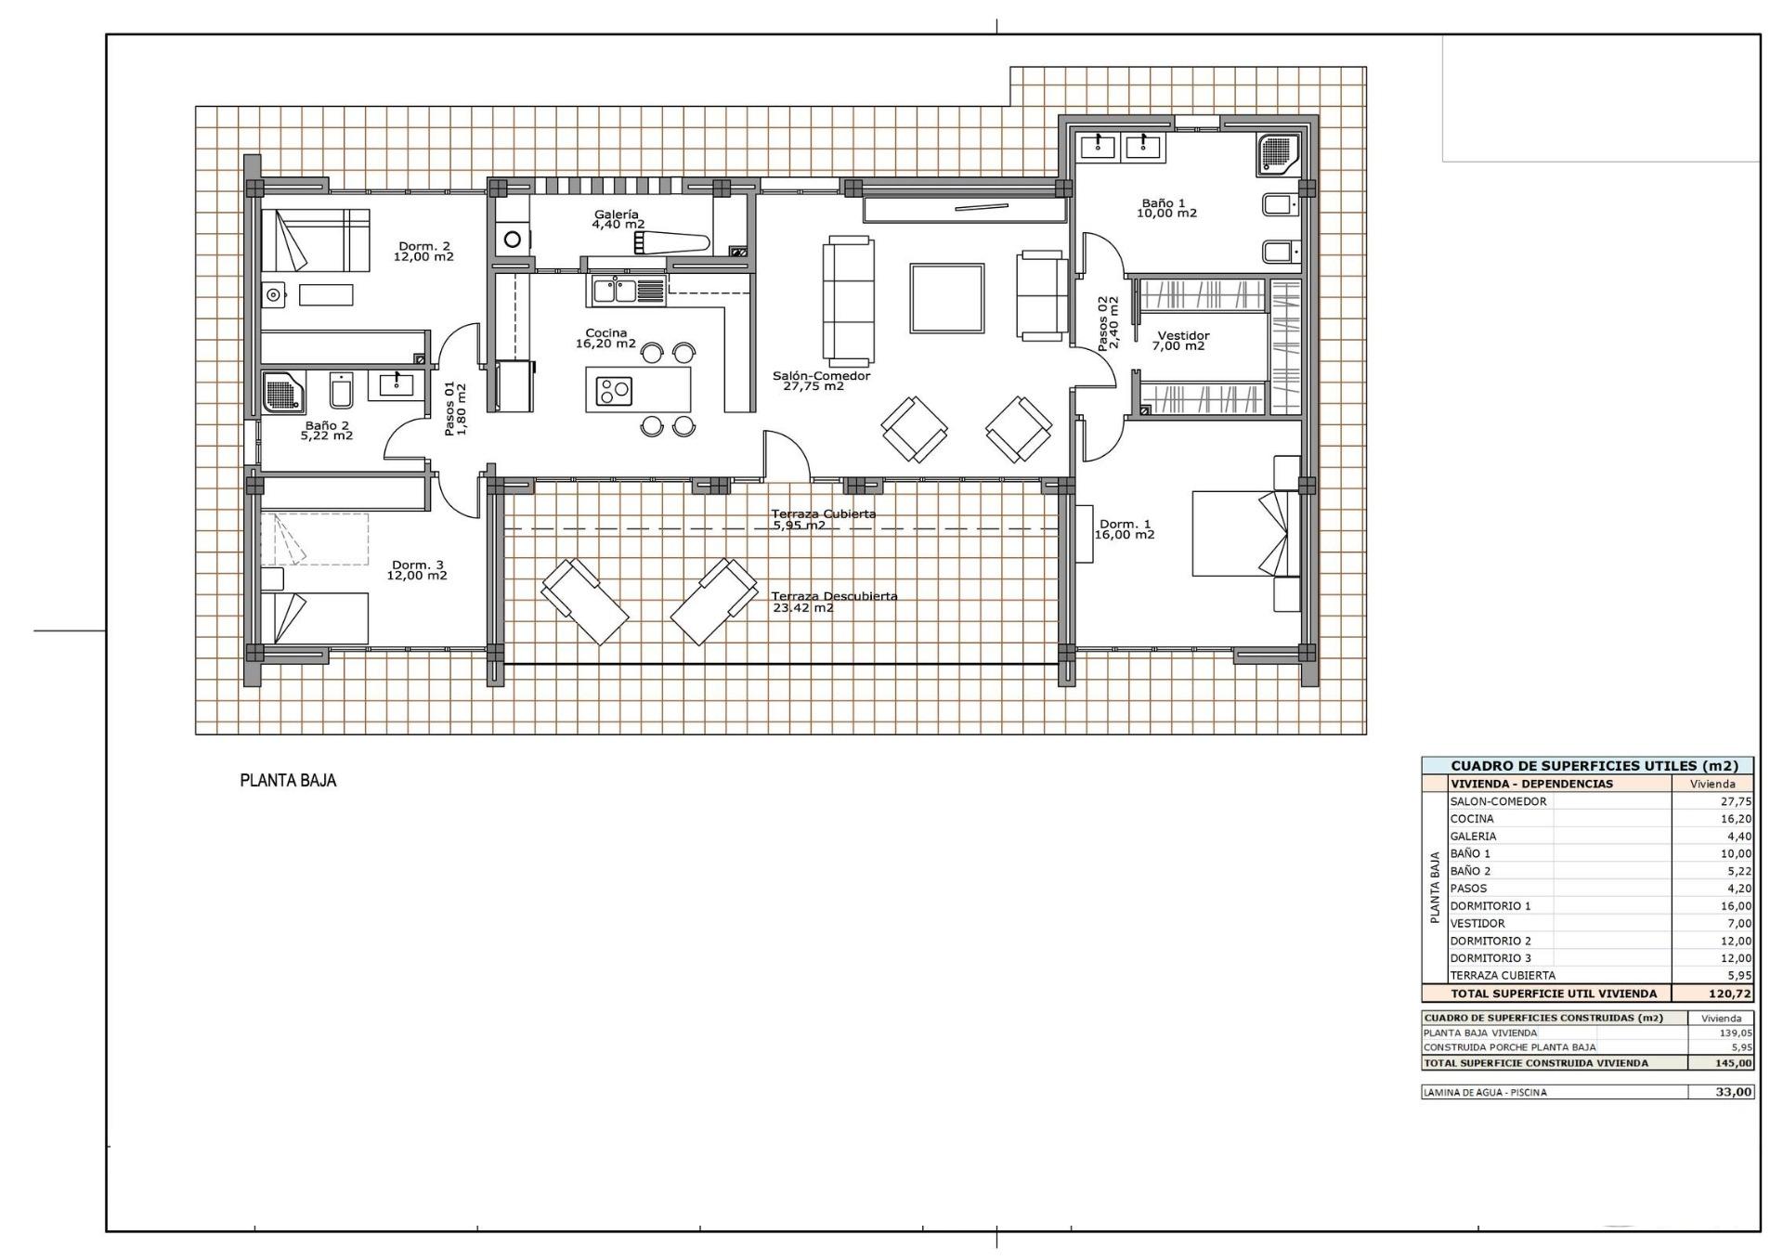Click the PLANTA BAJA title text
tap(288, 781)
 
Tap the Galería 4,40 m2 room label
tap(618, 219)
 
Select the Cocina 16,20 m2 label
tap(605, 338)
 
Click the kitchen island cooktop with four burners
tap(614, 390)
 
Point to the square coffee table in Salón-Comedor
tap(946, 298)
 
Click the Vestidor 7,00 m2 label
tap(1181, 341)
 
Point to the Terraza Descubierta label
tap(834, 602)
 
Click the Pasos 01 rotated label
tap(455, 409)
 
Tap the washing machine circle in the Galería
tap(513, 240)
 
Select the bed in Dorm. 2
tap(315, 240)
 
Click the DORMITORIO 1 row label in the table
tap(1490, 905)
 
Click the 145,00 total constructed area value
tap(1733, 1063)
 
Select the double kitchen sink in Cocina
tap(614, 291)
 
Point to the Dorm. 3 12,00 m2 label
tap(417, 570)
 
